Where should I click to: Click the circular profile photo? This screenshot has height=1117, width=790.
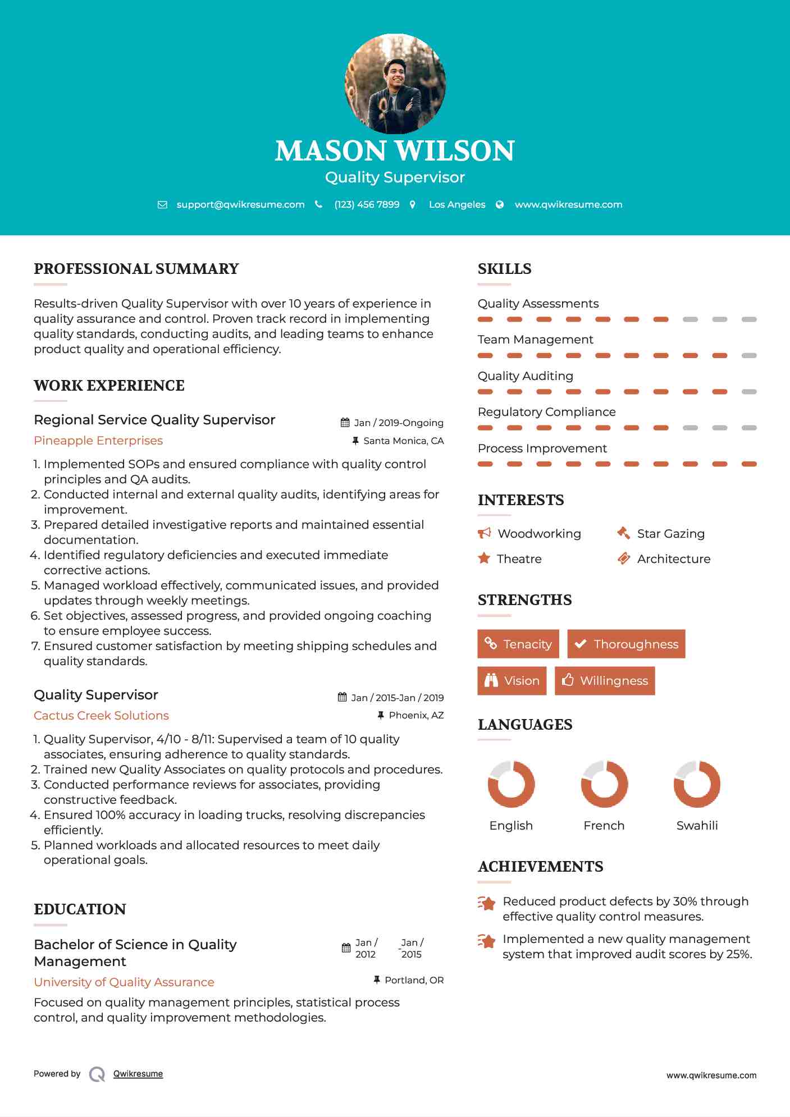point(395,84)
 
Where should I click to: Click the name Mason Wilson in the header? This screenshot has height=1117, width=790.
point(395,151)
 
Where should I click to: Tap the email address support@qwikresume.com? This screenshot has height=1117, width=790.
point(240,205)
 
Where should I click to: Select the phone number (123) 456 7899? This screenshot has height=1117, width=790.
point(367,205)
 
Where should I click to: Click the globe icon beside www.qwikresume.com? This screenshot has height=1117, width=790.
point(500,205)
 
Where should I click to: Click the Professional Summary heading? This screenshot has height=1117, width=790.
point(136,269)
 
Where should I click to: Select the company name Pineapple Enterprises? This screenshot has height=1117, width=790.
point(98,441)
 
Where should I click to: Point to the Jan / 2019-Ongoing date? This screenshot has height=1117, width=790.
point(398,423)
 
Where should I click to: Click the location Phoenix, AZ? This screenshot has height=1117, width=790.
point(416,715)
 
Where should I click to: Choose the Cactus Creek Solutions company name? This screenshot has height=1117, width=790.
point(101,716)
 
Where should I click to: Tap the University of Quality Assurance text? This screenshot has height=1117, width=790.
point(124,982)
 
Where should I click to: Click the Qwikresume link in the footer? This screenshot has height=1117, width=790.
point(138,1074)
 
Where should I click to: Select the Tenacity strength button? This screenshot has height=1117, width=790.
point(518,644)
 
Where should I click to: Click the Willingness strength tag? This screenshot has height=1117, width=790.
point(605,681)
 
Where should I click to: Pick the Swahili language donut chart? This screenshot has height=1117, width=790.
point(697,784)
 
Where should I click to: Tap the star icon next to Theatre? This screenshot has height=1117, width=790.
point(484,558)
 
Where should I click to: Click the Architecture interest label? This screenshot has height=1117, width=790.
point(673,559)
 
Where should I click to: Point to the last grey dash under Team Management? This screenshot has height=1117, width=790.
point(749,355)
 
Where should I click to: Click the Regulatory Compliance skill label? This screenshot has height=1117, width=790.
point(546,412)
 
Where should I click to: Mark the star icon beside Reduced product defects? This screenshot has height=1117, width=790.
point(486,903)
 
